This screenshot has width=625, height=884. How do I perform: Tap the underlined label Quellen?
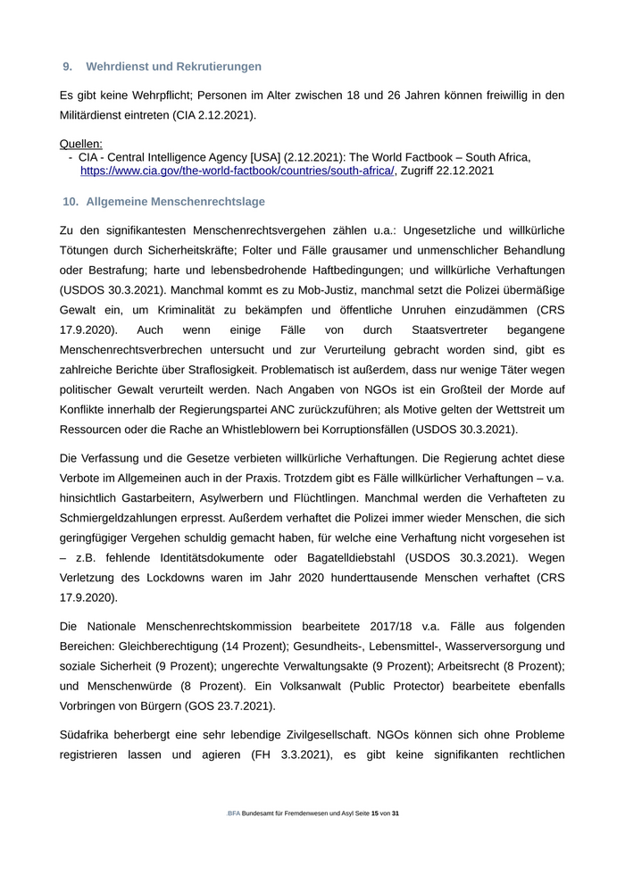coord(81,143)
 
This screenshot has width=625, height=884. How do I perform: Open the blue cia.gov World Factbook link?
coord(237,171)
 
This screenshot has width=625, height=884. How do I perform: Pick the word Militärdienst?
coord(99,115)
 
